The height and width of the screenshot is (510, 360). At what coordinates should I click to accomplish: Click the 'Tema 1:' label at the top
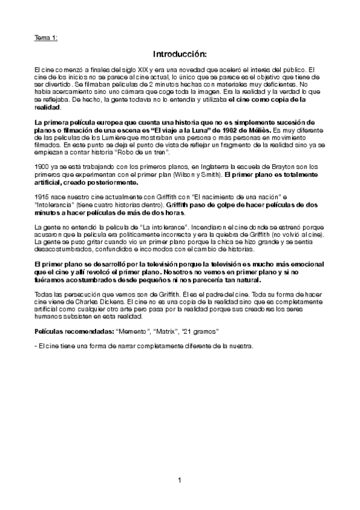click(46, 38)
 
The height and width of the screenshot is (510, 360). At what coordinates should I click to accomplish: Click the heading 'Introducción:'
click(180, 54)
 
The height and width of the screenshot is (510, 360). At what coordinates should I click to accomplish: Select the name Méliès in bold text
click(259, 130)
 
